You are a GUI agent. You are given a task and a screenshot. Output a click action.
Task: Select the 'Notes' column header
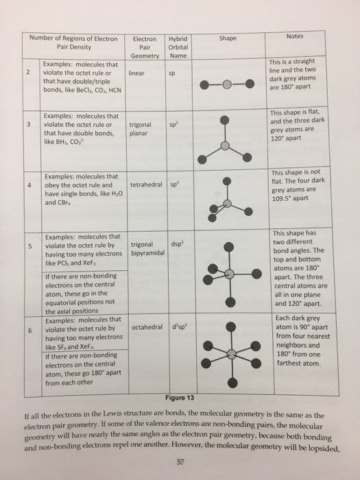click(294, 36)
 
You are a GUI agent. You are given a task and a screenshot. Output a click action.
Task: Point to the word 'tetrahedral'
click(145, 184)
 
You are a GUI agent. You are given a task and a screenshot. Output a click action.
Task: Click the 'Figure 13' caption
click(180, 398)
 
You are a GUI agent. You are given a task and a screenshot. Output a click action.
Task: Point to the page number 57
click(180, 461)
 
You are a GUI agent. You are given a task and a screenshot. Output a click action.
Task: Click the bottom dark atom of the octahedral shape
click(233, 382)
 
